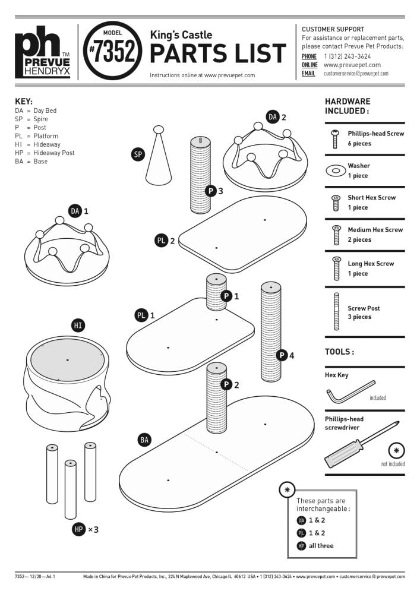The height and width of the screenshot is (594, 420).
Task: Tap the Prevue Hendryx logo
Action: [x=42, y=52]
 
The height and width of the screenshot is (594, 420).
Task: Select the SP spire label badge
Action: [x=138, y=154]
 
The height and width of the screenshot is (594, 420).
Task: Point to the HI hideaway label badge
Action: [x=78, y=326]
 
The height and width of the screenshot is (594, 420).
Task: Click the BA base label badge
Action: [x=144, y=440]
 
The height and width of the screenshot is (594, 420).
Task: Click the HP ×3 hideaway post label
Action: [x=85, y=529]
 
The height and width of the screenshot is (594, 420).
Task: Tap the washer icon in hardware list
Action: [x=336, y=170]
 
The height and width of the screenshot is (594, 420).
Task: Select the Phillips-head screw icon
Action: [x=335, y=139]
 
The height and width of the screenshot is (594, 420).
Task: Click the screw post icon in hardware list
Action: [x=336, y=312]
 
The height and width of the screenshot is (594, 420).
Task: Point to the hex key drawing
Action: [x=350, y=392]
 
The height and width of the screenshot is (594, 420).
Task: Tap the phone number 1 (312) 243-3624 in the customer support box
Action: [x=348, y=56]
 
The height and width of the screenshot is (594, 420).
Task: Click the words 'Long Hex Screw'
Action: [x=371, y=264]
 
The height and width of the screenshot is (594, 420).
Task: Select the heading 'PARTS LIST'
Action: [x=218, y=53]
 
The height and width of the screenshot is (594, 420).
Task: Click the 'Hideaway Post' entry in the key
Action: [x=54, y=153]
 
